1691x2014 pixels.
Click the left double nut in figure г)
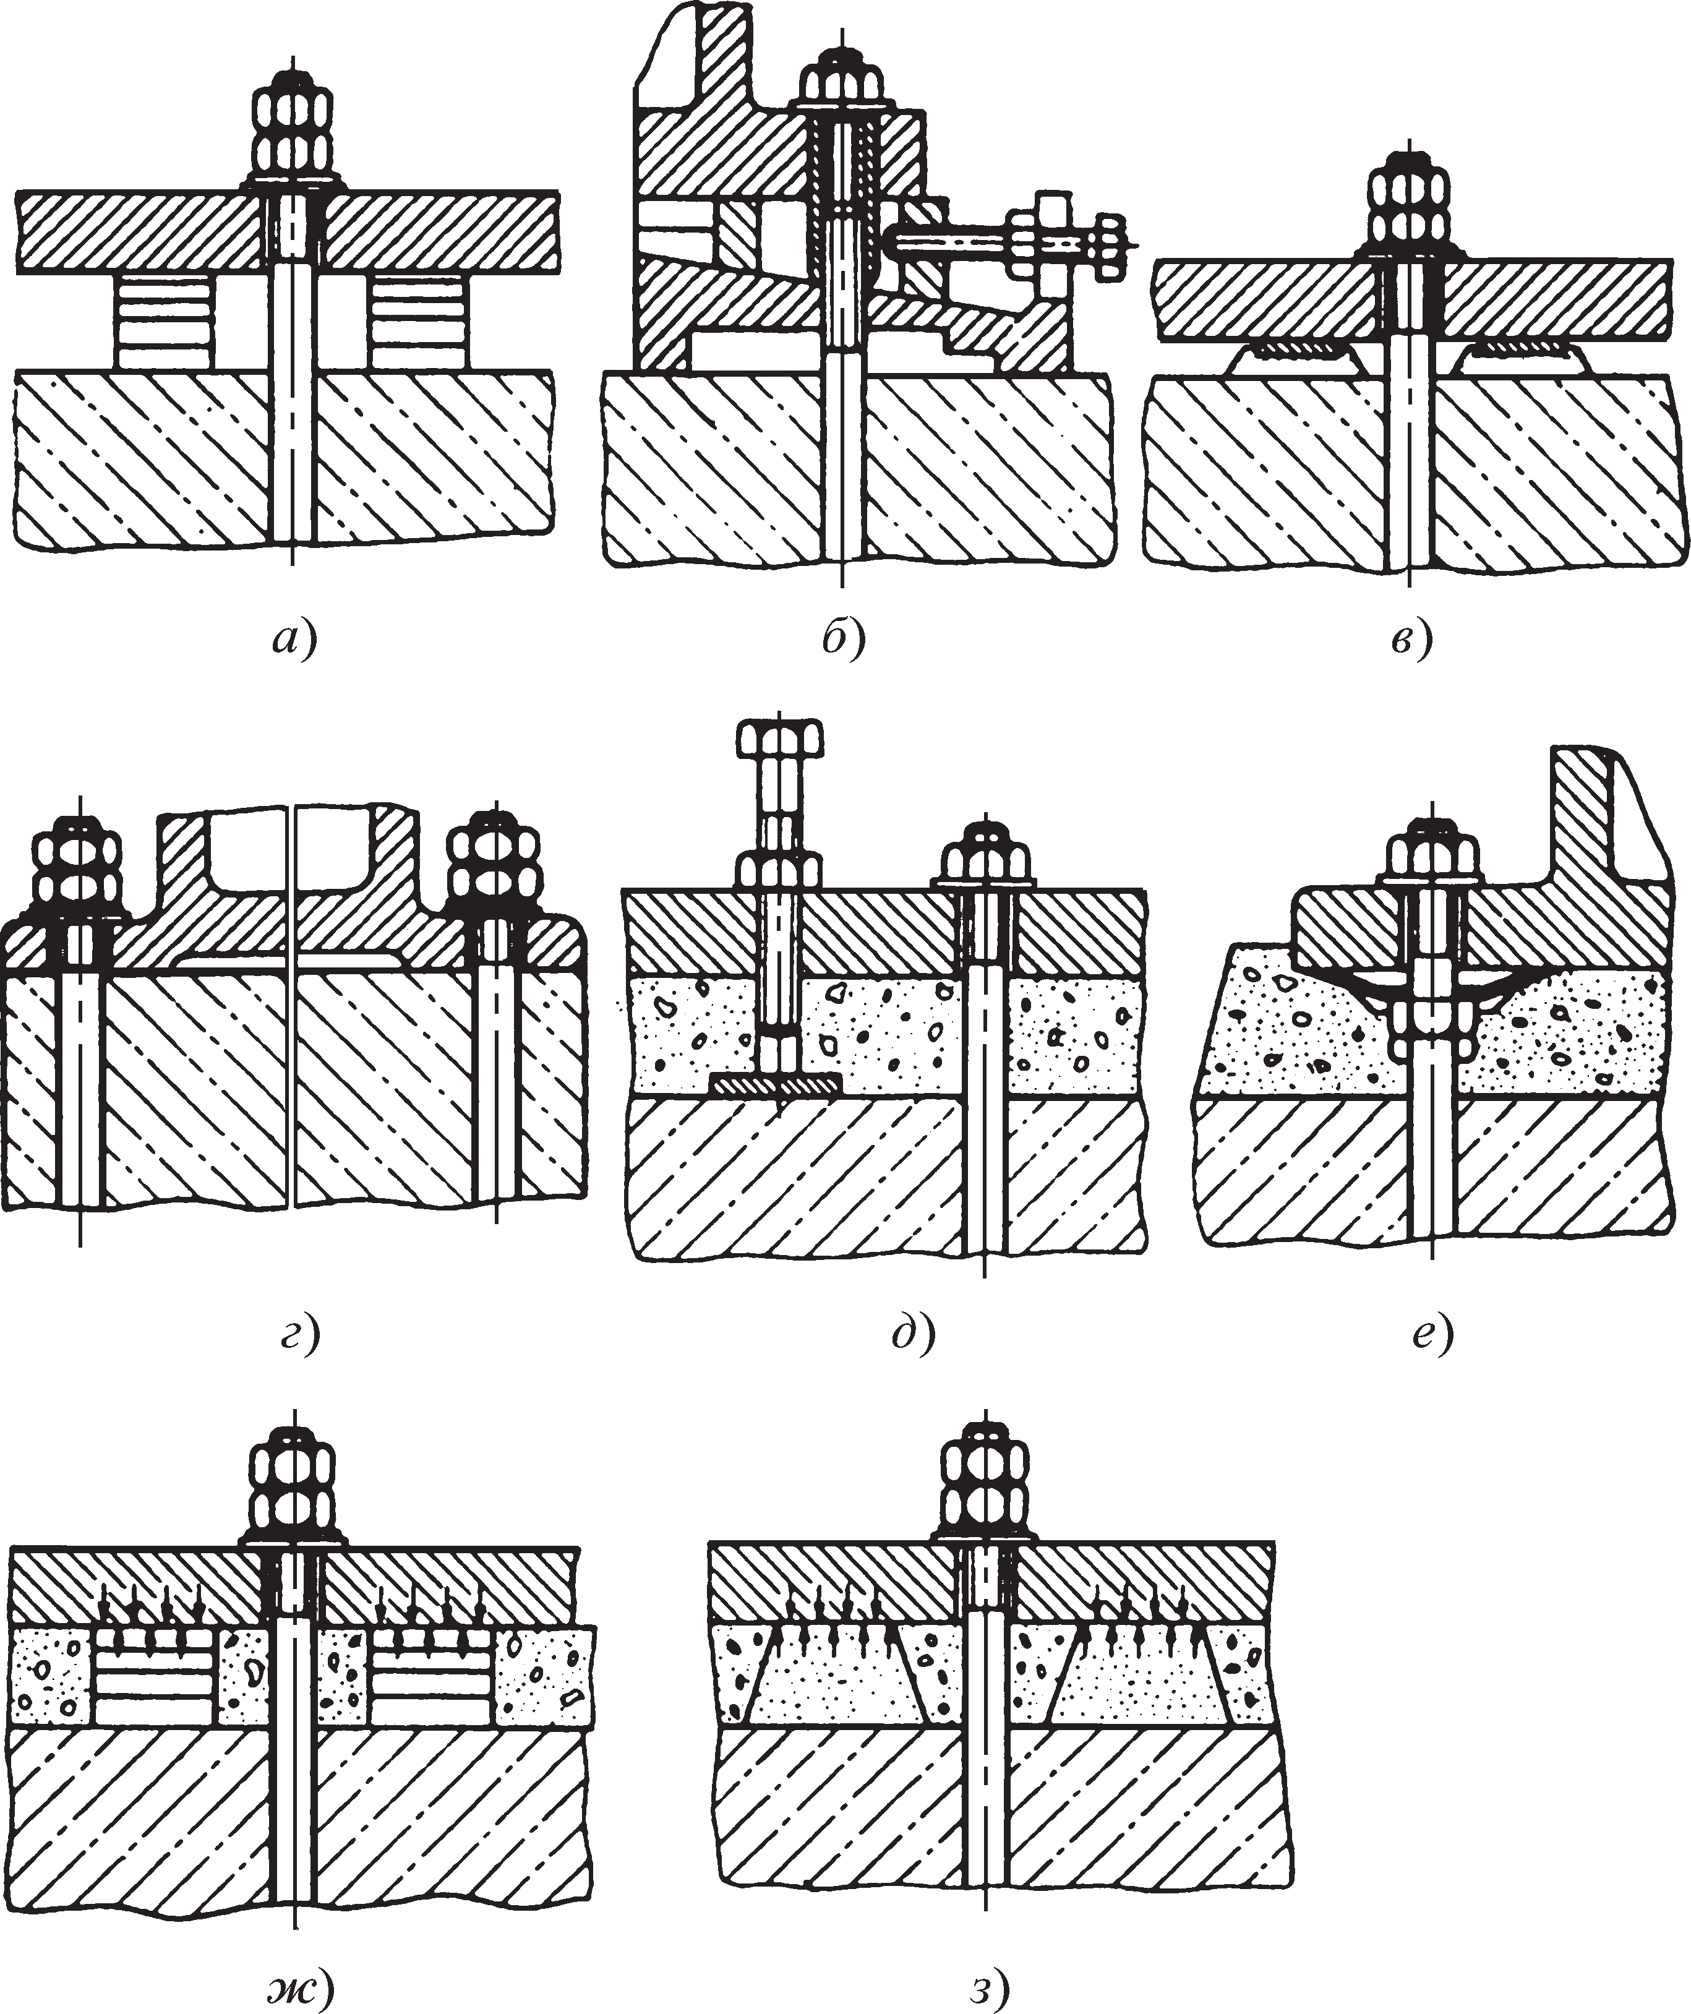(x=80, y=868)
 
